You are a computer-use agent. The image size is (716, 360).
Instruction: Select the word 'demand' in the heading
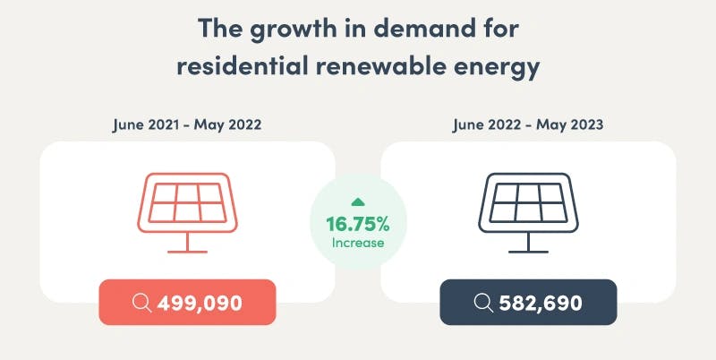point(427,30)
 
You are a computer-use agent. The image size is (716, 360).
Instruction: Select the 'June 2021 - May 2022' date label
point(187,124)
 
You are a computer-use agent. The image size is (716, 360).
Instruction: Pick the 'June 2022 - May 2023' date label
point(528,124)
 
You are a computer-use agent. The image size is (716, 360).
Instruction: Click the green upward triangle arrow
point(357,202)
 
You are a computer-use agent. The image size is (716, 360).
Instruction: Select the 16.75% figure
point(357,223)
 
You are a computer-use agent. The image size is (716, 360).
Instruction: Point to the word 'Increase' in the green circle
point(357,242)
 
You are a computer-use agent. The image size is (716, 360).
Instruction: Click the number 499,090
point(200,303)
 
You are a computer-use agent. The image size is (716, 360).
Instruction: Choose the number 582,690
point(541,303)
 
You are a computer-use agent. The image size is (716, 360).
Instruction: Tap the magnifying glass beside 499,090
point(141,303)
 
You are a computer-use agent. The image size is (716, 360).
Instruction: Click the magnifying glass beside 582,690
point(482,303)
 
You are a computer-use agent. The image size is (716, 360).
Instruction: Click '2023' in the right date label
point(586,124)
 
